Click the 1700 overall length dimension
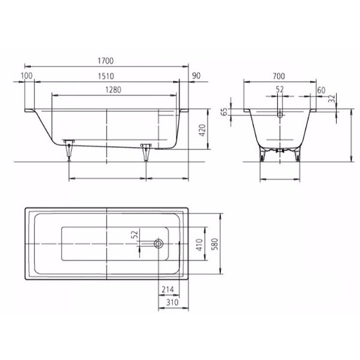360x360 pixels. (x=106, y=60)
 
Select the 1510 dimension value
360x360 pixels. (x=106, y=76)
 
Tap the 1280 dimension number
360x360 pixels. (x=113, y=90)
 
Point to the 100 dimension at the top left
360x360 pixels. (x=27, y=76)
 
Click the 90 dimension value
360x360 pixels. (x=195, y=76)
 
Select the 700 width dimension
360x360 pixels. (x=279, y=76)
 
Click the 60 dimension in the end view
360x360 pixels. (x=321, y=90)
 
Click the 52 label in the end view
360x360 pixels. (x=280, y=90)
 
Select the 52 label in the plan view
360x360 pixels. (x=135, y=236)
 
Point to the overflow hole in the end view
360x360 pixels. (x=280, y=115)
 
